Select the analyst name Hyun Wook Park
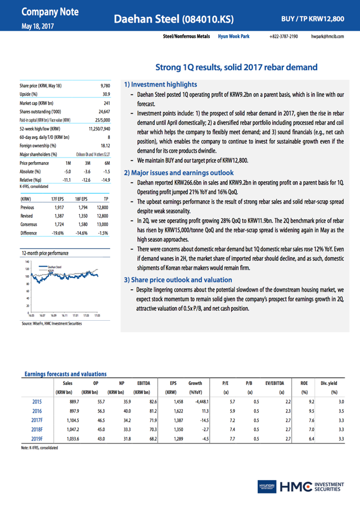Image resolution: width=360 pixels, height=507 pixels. coord(233,36)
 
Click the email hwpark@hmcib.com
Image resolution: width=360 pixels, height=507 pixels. coord(327,36)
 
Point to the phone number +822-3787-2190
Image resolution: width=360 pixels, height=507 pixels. coord(284,36)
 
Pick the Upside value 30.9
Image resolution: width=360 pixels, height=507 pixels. coord(105,94)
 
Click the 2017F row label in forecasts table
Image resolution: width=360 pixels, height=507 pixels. coord(38,419)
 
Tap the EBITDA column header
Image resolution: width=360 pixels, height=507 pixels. coord(143,383)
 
